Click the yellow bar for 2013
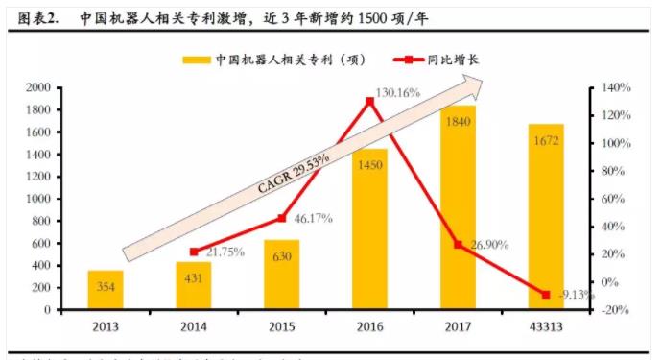coord(106,290)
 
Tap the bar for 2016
coord(369,229)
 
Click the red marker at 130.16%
coord(370,100)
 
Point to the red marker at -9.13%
coord(546,294)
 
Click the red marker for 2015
coord(282,218)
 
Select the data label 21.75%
coord(223,252)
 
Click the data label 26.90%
coord(488,245)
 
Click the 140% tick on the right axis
coord(613,87)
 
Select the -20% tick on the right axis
coord(613,310)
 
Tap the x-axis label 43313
coord(545,326)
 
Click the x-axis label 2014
coord(193,326)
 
